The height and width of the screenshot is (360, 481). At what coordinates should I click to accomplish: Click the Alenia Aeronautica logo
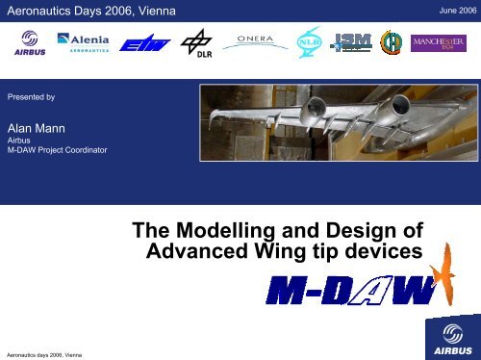(x=96, y=43)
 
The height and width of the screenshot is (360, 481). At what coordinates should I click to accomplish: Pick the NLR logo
(x=308, y=43)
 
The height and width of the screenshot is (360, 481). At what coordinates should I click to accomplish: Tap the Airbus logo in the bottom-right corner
(x=446, y=338)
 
